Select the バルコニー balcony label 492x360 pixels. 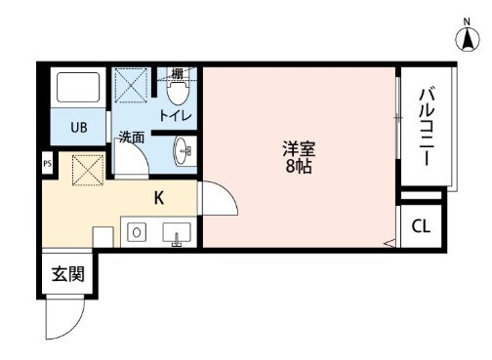[428, 127]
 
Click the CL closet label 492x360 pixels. [420, 227]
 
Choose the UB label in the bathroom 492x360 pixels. [78, 125]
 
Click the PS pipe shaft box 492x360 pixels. [47, 163]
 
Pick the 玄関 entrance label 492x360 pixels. [66, 274]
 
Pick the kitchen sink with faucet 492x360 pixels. [177, 233]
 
